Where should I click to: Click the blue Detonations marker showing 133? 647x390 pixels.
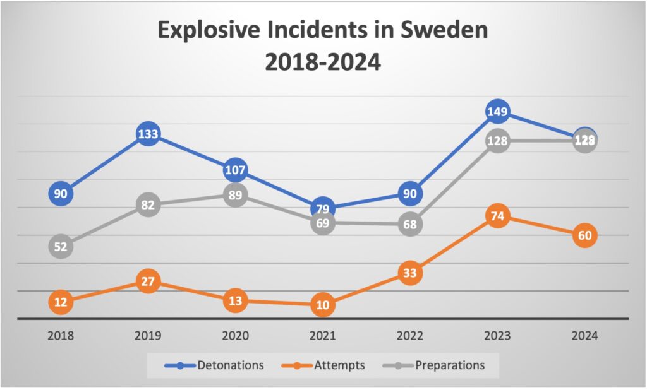tap(147, 134)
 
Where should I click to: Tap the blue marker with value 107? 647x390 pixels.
tap(235, 170)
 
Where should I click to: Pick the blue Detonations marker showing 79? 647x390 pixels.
tap(322, 209)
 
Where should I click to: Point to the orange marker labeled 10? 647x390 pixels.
tap(322, 305)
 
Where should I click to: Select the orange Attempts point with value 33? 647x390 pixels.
tap(410, 273)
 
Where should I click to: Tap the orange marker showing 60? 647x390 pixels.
tap(585, 235)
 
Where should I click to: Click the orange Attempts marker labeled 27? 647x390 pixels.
tap(147, 281)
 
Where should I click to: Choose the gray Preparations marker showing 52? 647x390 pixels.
tap(61, 247)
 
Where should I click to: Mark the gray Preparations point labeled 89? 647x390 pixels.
tap(235, 195)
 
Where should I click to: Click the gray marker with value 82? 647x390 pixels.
tap(147, 204)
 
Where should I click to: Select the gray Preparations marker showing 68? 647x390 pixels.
tap(410, 225)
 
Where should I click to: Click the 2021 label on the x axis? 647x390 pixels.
tap(322, 336)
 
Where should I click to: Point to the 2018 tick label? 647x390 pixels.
tap(61, 336)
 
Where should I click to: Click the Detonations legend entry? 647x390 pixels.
tap(214, 365)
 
